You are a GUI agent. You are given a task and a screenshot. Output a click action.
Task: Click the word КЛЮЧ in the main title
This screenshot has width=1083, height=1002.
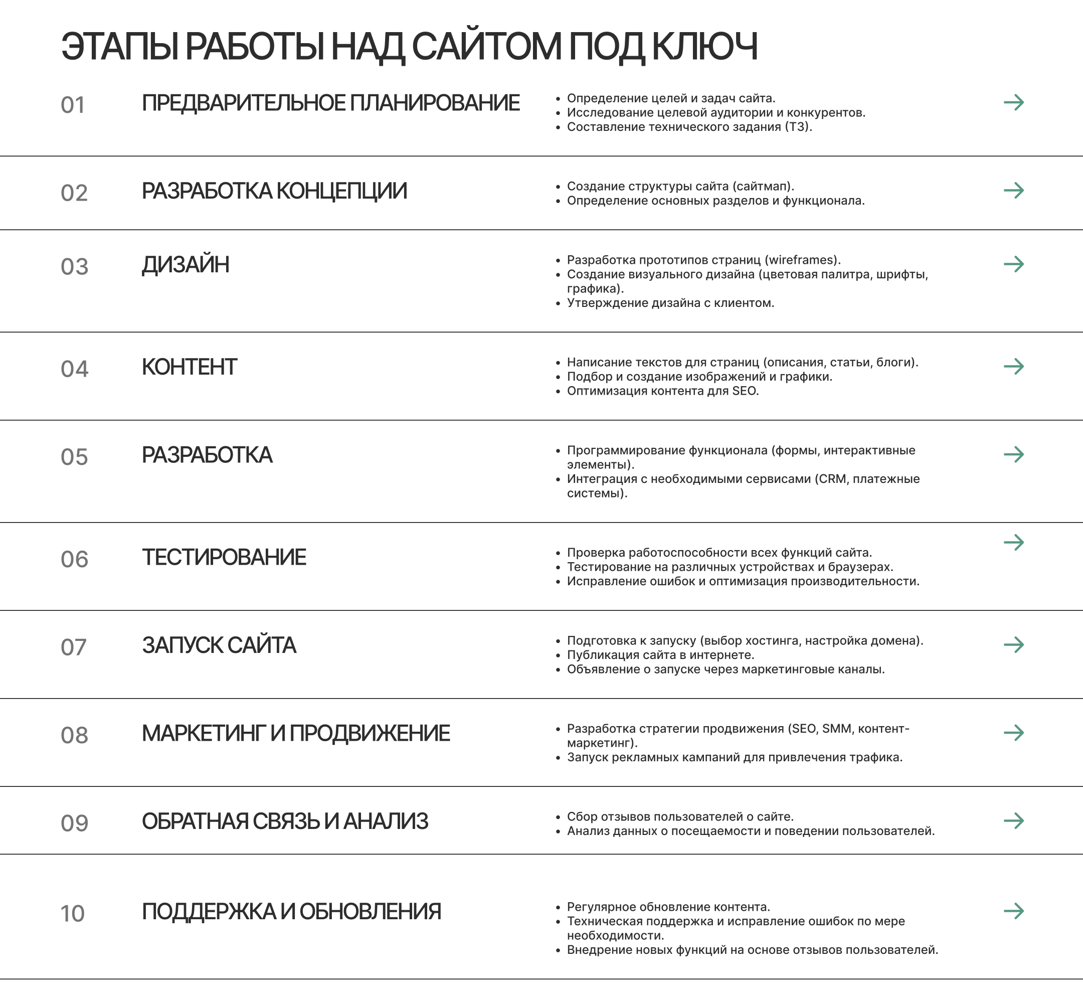pos(704,47)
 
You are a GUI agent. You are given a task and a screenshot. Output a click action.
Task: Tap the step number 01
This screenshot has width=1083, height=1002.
pos(73,105)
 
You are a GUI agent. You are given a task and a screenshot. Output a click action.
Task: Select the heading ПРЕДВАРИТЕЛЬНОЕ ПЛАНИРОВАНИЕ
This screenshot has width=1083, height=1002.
pos(330,103)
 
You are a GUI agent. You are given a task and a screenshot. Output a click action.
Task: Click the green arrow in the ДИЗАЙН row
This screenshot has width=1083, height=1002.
pos(1013,264)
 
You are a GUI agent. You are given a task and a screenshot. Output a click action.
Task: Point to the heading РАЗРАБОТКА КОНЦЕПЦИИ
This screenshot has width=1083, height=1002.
pos(274,191)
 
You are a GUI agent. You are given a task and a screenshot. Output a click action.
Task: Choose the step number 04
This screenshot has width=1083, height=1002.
pos(74,369)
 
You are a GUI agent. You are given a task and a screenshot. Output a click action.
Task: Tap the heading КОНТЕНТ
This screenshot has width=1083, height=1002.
pos(189,367)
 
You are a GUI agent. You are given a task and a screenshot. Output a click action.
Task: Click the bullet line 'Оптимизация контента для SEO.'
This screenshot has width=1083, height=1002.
pos(662,391)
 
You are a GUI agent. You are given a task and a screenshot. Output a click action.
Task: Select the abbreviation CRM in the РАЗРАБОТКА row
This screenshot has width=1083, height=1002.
pos(832,479)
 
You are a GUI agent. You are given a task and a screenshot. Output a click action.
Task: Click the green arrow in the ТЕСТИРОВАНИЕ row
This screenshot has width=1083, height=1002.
pos(1013,542)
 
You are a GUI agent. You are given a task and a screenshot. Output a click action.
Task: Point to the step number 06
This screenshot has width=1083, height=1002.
pos(74,560)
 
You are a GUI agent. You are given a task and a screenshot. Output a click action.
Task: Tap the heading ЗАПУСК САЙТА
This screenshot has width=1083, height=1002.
pos(219,645)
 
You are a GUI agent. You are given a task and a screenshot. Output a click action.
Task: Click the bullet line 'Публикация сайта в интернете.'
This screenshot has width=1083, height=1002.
pos(660,655)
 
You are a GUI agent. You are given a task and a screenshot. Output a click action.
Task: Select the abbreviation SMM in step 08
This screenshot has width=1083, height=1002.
pos(836,729)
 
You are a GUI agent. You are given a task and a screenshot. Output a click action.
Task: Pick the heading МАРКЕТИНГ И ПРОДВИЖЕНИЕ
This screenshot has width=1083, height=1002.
pos(296,733)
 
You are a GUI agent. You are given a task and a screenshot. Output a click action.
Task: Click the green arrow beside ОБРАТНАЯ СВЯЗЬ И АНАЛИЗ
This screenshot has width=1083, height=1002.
pos(1013,821)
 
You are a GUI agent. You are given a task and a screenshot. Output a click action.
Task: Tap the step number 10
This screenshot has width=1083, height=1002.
pos(73,914)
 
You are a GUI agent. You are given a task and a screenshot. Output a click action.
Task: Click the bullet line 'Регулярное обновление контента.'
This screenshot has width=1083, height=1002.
pos(668,907)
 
